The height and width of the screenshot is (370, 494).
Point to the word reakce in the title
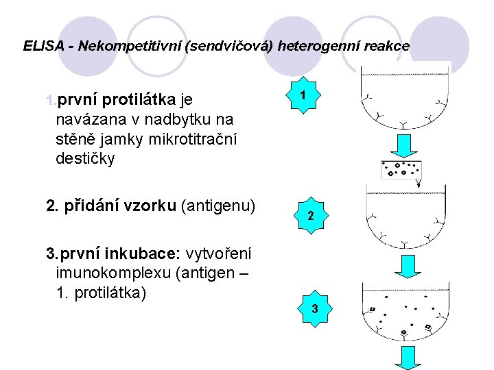[389, 47]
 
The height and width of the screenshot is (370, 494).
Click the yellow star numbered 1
[302, 99]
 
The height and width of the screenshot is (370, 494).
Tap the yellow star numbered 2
[311, 216]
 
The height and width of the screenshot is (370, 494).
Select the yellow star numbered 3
[314, 308]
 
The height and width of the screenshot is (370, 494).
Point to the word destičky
[86, 159]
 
